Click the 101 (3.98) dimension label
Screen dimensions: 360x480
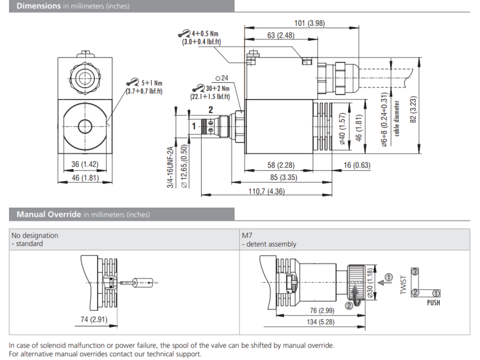click(310, 23)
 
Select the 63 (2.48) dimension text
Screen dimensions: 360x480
click(281, 35)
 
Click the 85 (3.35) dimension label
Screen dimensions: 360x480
click(281, 178)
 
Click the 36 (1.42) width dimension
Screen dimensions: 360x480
click(85, 164)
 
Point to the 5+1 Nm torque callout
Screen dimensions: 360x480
click(149, 83)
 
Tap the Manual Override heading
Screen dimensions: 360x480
click(49, 214)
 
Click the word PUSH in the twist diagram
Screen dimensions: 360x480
click(433, 303)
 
